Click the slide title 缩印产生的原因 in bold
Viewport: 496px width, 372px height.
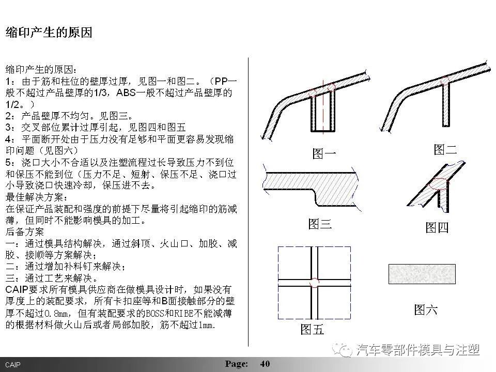[x=49, y=33]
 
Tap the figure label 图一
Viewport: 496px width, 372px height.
[x=324, y=153]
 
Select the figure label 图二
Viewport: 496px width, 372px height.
[x=445, y=150]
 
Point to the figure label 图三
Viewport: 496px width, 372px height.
[x=320, y=224]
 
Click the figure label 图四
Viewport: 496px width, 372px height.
[x=437, y=227]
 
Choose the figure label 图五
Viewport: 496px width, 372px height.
[x=312, y=329]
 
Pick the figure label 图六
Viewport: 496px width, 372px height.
[x=426, y=309]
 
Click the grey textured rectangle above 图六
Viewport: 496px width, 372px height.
[x=422, y=273]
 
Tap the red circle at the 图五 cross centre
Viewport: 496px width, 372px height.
[x=314, y=282]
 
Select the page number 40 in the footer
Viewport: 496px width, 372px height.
[x=265, y=364]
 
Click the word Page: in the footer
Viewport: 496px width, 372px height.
[x=237, y=364]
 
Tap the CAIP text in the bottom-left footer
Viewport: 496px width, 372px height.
[x=13, y=365]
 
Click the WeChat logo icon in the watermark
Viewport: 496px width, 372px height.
[x=343, y=350]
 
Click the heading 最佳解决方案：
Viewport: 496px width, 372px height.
[x=37, y=198]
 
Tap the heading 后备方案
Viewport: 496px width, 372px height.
[x=25, y=232]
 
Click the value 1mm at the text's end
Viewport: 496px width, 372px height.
[x=205, y=326]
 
